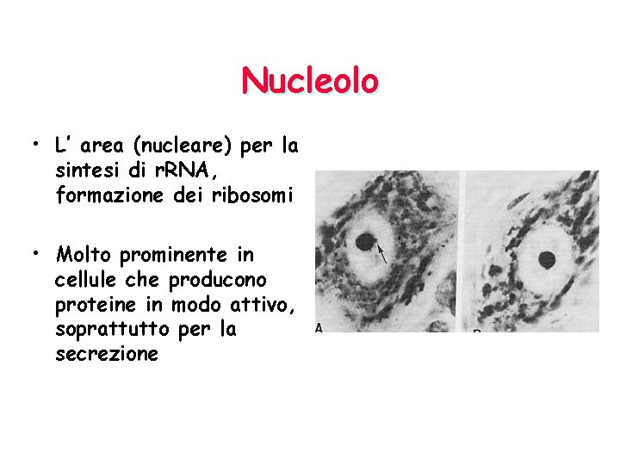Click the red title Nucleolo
coord(310,81)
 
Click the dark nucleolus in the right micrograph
coord(548,257)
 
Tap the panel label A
coord(319,327)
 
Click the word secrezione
coord(106,354)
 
